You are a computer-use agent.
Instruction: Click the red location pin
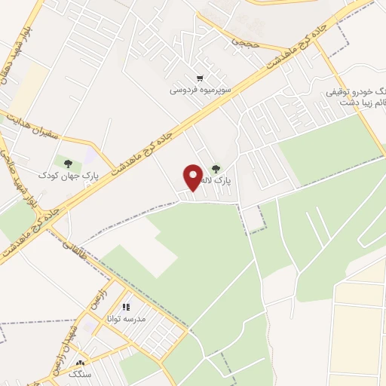click(192, 179)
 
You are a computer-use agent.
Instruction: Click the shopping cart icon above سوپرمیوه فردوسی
click(199, 77)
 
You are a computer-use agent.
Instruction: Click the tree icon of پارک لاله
click(216, 170)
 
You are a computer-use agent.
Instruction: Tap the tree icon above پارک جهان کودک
click(69, 162)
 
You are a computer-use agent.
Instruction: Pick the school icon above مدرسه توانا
click(127, 307)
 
